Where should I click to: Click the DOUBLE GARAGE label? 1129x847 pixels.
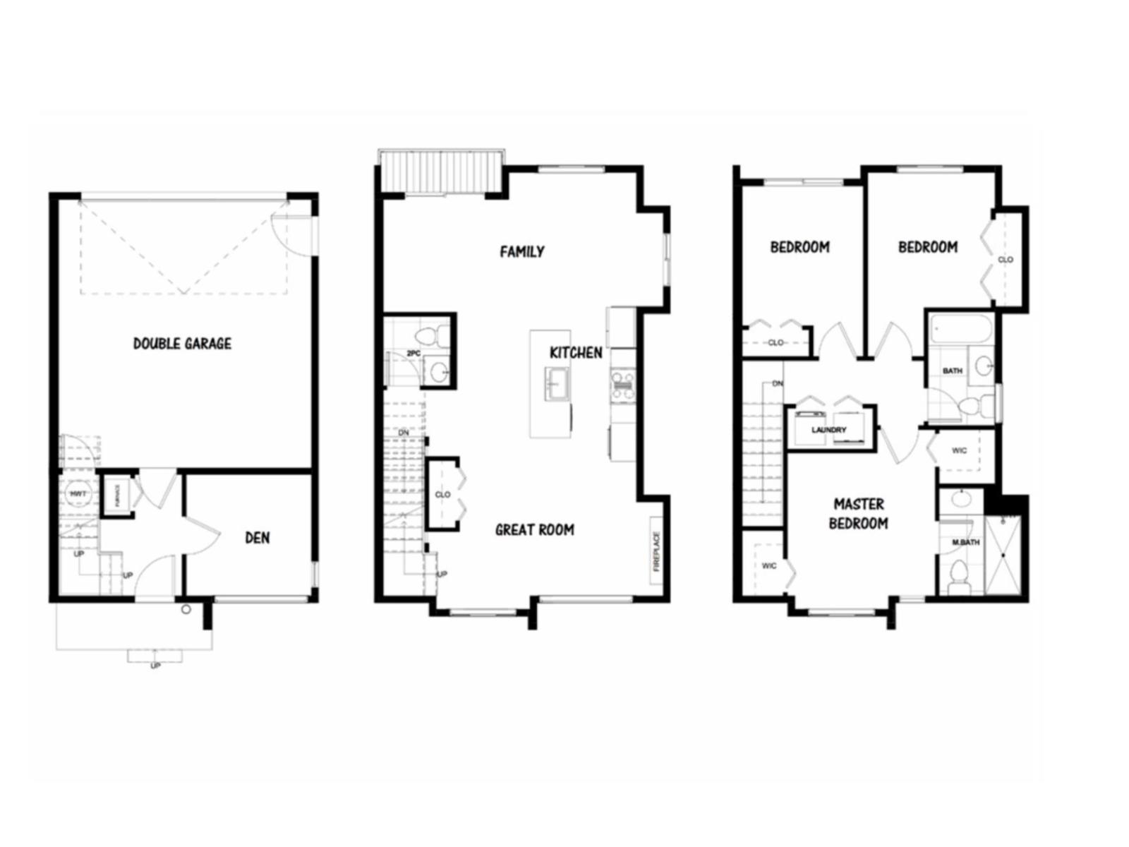tap(182, 344)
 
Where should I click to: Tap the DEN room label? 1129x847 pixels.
tap(257, 538)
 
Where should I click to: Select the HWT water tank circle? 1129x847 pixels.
tap(77, 494)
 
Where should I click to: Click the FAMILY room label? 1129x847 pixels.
tap(522, 251)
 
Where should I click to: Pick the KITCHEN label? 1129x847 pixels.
tap(576, 352)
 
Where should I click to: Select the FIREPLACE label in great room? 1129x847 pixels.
tap(656, 551)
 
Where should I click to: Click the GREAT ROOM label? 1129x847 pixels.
tap(534, 529)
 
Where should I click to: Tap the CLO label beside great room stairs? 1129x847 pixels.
tap(442, 494)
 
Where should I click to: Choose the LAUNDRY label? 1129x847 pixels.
tap(828, 430)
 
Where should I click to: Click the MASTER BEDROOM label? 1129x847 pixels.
tap(858, 514)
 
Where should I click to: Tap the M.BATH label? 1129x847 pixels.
tap(965, 542)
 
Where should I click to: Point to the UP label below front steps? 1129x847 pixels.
tap(155, 666)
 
